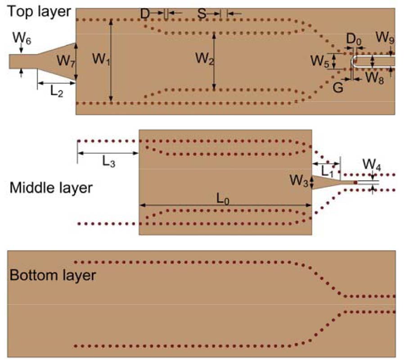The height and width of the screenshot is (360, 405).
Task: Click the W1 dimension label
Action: tap(99, 58)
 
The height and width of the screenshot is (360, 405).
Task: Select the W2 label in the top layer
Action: tap(203, 58)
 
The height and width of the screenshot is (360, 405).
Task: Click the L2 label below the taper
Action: tap(57, 92)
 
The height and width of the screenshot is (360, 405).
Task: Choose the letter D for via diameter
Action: tap(145, 14)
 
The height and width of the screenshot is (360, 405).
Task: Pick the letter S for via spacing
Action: tap(202, 14)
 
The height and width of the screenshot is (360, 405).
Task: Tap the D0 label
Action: tap(354, 39)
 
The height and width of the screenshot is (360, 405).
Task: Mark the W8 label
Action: tap(374, 78)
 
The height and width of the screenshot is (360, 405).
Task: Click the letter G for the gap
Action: tap(338, 87)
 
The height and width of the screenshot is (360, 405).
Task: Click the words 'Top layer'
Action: tap(38, 11)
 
